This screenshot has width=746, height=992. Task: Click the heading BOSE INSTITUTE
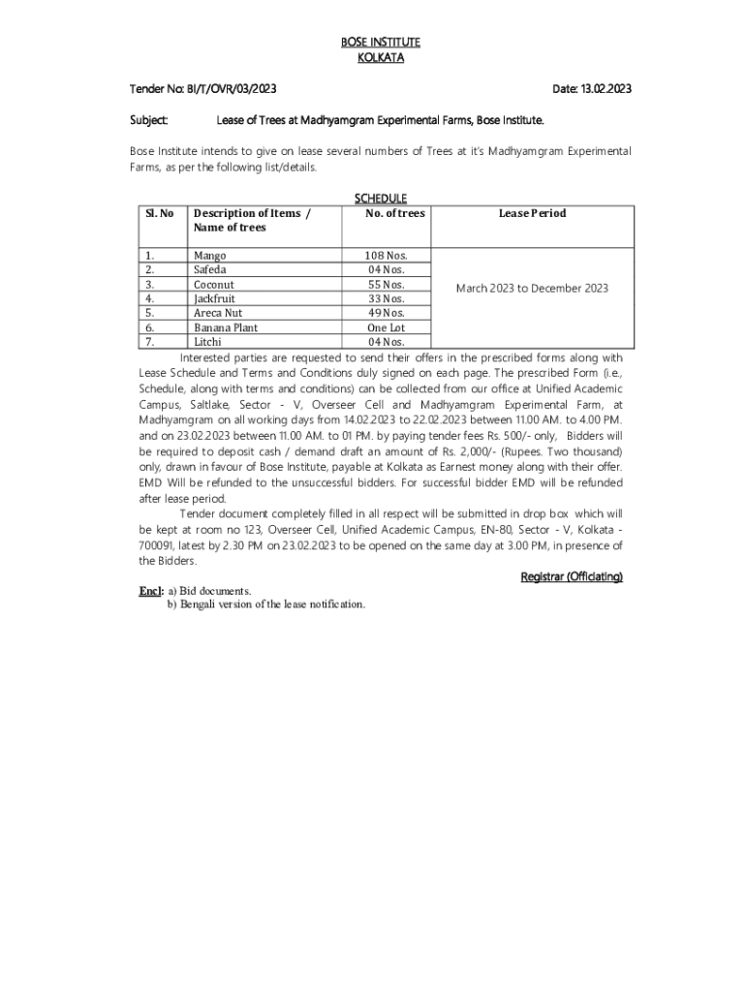tap(380, 43)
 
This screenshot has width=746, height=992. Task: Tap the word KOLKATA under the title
tap(380, 58)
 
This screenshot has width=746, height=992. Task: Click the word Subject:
tap(150, 121)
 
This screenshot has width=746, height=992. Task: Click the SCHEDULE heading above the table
tap(380, 199)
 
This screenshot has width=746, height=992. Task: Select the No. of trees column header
tap(394, 213)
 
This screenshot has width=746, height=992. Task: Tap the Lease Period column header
tap(532, 213)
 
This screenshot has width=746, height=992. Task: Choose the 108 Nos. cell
tap(385, 256)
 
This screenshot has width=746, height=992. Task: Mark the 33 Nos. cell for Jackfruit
tap(385, 299)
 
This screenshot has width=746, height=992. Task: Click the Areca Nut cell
tap(218, 313)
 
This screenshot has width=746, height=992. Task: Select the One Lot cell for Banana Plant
tap(385, 327)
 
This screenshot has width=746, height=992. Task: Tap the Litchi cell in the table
tap(207, 342)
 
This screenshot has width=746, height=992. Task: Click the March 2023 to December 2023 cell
tap(532, 289)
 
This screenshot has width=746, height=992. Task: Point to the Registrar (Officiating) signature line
tap(572, 576)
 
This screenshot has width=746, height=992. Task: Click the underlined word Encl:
tap(151, 590)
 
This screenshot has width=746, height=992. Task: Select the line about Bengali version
tap(266, 604)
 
